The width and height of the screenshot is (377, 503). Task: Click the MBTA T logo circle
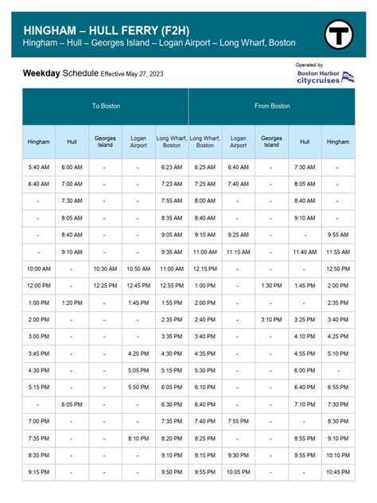coord(339,34)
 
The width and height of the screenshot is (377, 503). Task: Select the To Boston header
coord(105,106)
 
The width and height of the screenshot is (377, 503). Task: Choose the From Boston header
coord(271,106)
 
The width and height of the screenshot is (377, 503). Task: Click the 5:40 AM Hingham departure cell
coord(37,167)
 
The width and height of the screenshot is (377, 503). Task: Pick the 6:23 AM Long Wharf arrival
coord(171,167)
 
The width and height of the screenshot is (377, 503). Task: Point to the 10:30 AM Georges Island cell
coord(105,269)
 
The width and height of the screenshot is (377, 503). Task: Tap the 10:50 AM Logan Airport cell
coord(138,269)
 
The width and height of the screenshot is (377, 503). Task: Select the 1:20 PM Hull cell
coord(72,302)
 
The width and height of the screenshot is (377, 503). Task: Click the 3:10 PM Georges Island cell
coord(271,319)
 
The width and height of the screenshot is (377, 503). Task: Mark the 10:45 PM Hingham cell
coord(337,471)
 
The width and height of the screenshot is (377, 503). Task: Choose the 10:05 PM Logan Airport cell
coord(238,471)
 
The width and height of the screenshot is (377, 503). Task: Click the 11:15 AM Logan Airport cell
coord(238,251)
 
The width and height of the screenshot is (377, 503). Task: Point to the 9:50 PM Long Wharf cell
coord(171,471)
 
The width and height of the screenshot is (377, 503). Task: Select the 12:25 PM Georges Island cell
coord(105,285)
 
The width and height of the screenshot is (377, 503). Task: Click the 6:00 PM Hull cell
coord(305,370)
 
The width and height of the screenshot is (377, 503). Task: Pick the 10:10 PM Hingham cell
coord(337,454)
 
